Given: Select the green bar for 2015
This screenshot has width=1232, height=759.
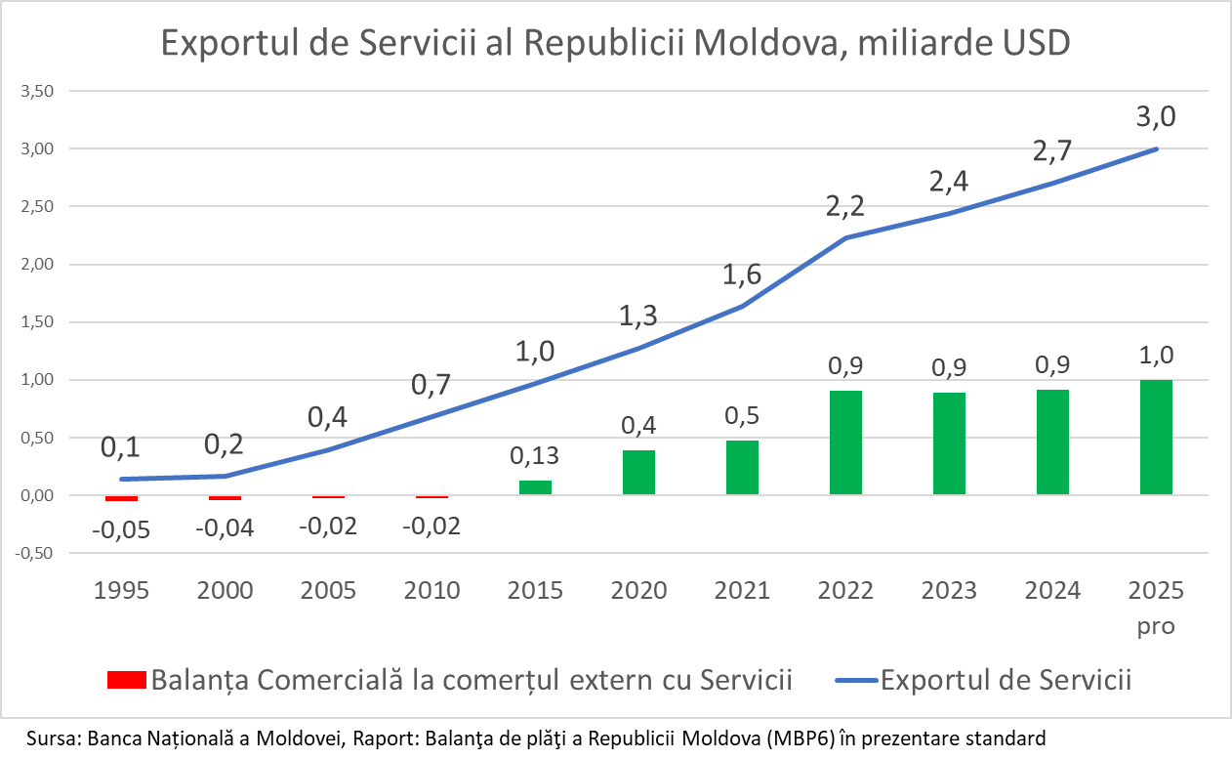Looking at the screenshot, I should [x=535, y=487].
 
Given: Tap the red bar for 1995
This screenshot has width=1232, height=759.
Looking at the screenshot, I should [x=122, y=498].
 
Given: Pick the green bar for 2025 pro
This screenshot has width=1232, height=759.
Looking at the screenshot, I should [x=1156, y=437].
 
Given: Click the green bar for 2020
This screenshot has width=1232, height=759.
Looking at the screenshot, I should [x=638, y=472].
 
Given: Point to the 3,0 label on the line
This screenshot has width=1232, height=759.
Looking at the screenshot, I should [x=1156, y=117].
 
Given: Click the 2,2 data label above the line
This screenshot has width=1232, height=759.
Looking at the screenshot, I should [x=845, y=206].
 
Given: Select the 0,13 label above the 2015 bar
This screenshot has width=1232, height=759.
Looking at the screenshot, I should [x=535, y=455].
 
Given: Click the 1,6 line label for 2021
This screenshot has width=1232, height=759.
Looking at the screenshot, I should [x=742, y=276].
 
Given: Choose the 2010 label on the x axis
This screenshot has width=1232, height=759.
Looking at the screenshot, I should [x=431, y=590].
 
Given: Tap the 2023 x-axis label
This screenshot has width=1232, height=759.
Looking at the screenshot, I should [x=949, y=590].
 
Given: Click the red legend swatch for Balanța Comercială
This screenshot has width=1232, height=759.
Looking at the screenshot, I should [x=125, y=680].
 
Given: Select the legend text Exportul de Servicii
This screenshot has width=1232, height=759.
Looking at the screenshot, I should [x=1006, y=680].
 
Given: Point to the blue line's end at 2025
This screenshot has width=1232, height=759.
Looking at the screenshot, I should [x=1156, y=148].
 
